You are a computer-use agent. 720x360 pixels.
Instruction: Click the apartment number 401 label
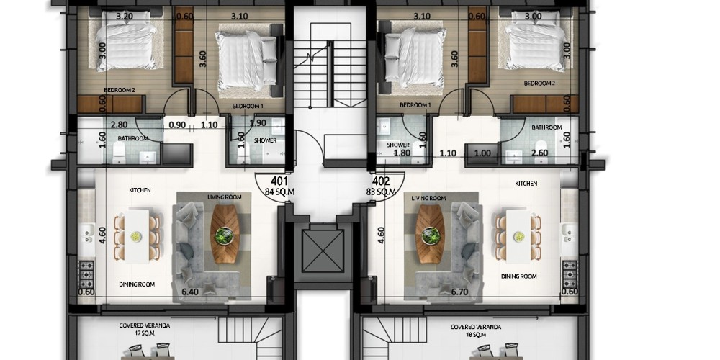279,181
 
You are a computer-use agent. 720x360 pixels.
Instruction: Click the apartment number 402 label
381,181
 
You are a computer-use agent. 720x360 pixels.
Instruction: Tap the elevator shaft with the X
323,251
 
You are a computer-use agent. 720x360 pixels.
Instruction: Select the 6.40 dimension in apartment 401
189,292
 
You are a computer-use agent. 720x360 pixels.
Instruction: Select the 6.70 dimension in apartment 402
459,292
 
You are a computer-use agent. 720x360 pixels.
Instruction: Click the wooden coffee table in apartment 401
225,234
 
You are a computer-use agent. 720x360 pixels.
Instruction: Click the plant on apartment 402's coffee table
431,235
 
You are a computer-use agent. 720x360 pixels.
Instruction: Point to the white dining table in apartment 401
137,236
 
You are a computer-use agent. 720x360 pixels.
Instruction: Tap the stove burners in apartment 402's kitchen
570,274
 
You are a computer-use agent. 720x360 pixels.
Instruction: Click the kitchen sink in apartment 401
87,233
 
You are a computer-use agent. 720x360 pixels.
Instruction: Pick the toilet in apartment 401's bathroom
119,152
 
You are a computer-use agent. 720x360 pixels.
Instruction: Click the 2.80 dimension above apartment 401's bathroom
119,124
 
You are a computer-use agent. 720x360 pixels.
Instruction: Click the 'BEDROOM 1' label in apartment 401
248,106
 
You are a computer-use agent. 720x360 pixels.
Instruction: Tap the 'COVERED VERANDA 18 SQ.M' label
475,330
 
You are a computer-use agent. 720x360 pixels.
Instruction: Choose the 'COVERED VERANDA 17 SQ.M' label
145,329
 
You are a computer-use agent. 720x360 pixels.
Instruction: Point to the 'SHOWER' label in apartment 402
397,145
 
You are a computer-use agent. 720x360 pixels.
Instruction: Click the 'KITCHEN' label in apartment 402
526,183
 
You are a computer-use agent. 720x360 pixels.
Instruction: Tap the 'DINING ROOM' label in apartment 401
137,284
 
